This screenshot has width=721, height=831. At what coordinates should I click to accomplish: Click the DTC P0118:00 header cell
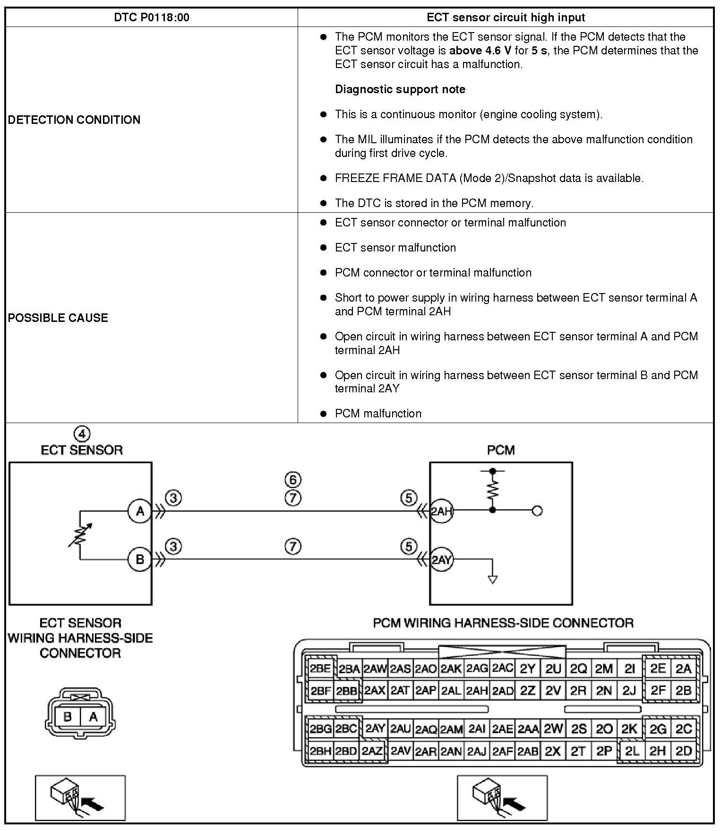tap(152, 17)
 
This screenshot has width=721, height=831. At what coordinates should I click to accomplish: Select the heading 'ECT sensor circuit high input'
tap(506, 17)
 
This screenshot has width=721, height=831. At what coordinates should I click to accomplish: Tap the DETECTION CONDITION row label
tap(74, 120)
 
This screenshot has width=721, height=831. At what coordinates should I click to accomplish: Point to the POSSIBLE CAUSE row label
tap(58, 318)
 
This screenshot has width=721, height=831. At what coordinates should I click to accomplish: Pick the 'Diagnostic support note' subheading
tap(400, 89)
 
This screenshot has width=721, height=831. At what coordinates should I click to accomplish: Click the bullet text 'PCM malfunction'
tap(378, 414)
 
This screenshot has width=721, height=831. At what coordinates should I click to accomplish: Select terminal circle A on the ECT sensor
tap(140, 511)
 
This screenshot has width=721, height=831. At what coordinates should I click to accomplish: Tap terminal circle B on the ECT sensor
tap(140, 560)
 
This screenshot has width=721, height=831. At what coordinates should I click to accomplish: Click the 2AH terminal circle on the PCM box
tap(442, 511)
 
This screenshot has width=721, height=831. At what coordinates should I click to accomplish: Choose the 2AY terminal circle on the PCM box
tap(442, 560)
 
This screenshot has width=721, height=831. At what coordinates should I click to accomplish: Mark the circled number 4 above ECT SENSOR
tap(82, 433)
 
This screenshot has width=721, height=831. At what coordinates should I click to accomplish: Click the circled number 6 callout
tap(293, 480)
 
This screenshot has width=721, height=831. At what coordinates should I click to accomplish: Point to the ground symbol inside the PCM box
tap(493, 580)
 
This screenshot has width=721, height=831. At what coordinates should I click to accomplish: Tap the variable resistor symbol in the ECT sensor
tap(80, 535)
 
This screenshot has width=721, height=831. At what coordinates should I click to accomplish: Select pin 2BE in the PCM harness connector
tap(320, 669)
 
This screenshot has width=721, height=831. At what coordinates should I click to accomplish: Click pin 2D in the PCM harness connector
tap(684, 751)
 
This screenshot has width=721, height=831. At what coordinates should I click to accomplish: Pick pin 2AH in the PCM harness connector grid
tap(477, 691)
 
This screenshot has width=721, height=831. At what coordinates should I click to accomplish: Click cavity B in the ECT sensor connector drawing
tap(68, 717)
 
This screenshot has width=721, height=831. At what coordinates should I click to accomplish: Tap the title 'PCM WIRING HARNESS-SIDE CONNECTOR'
tap(503, 623)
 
